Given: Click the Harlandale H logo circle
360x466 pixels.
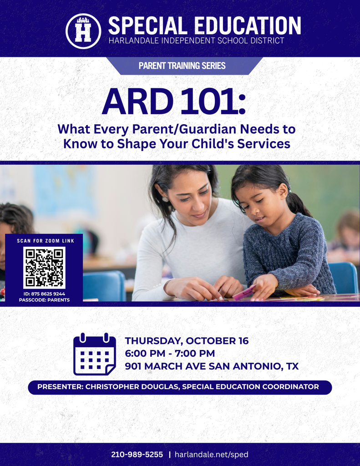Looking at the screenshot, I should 83,30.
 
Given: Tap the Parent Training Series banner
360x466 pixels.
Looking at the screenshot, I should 182,66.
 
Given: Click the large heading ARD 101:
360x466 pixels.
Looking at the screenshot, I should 173,101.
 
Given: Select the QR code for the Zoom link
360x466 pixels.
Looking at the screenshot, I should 44,268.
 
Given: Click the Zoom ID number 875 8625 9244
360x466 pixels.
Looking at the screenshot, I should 44,294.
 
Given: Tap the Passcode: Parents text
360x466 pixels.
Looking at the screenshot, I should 44,300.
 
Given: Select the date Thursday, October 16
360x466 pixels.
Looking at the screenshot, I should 187,341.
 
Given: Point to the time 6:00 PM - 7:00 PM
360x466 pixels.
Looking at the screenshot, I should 170,353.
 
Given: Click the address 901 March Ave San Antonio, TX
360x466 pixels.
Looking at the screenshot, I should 212,366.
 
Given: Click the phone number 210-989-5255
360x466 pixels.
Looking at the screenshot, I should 137,455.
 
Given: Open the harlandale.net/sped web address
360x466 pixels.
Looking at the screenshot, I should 211,455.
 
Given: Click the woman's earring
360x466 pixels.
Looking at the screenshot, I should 165,199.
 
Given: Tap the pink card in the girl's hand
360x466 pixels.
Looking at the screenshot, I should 243,293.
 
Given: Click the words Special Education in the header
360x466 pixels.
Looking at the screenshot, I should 204,25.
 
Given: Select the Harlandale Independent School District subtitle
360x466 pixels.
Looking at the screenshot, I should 196,41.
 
